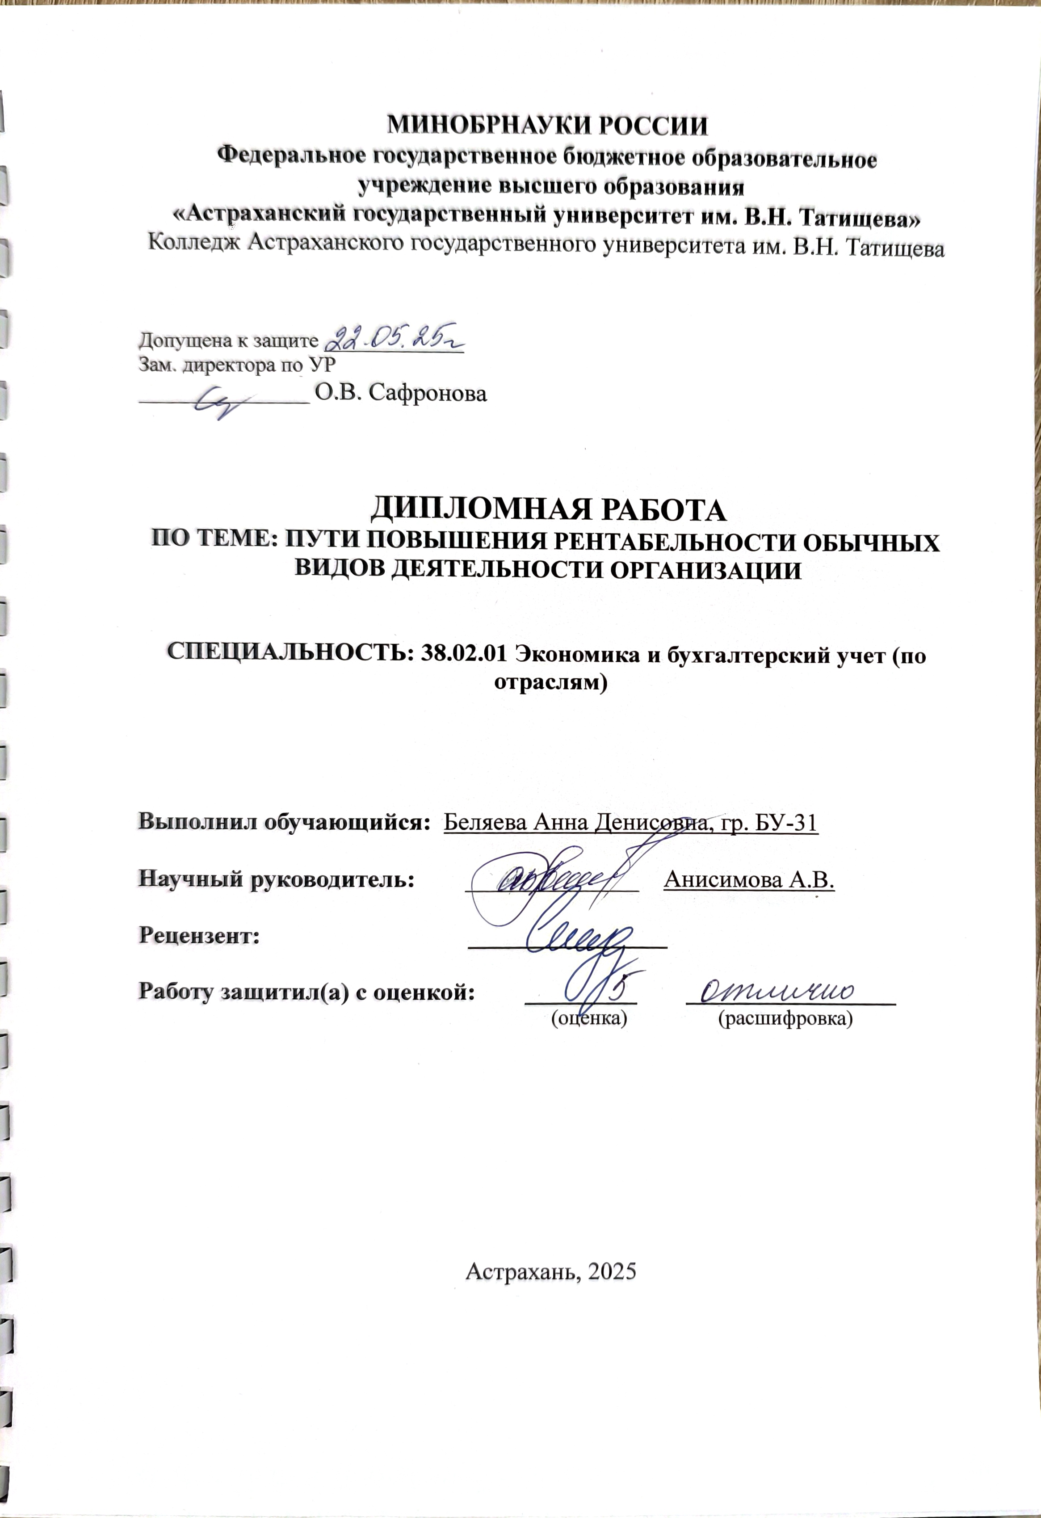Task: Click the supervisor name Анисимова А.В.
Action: point(749,880)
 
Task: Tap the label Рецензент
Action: point(199,935)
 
